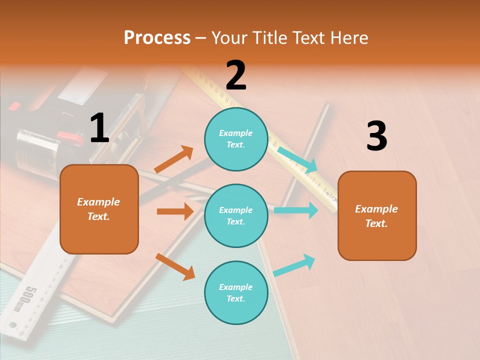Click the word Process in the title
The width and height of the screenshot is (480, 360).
157,38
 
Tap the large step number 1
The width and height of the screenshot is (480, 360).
99,128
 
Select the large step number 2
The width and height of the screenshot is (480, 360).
236,75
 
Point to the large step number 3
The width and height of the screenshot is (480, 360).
376,136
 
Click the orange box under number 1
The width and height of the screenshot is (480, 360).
99,209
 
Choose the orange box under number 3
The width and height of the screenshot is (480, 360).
377,216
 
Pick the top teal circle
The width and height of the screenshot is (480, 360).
236,139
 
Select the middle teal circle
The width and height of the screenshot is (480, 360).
236,215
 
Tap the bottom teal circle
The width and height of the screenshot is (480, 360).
236,292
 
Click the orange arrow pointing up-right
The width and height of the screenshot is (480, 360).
174,159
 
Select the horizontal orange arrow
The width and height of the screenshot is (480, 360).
175,211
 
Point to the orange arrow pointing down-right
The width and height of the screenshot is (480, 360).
175,266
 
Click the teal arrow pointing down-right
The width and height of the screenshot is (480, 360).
297,159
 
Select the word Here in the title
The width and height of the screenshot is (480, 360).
349,38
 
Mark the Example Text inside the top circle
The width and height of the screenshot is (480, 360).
236,139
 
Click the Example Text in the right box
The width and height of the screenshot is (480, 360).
376,216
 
